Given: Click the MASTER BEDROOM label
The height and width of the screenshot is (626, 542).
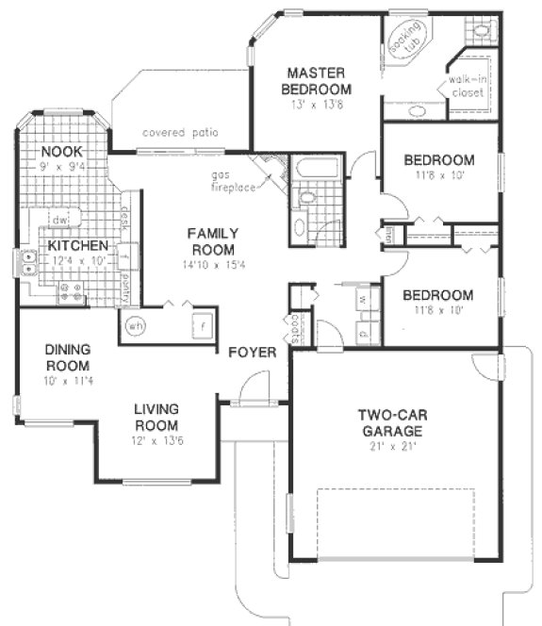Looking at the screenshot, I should tap(319, 80).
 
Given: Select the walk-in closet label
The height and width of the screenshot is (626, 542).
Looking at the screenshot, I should tap(467, 86).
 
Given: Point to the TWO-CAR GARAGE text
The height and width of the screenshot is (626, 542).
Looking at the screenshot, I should tap(389, 422).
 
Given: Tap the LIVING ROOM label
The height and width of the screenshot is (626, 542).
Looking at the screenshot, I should tap(156, 417).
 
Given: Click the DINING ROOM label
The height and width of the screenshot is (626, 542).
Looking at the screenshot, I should tap(67, 357).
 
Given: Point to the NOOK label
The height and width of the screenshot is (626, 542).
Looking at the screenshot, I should tap(61, 151).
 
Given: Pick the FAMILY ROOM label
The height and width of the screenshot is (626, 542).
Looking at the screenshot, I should tap(212, 241).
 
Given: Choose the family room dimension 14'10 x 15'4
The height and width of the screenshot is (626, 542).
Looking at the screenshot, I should tap(212, 267).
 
